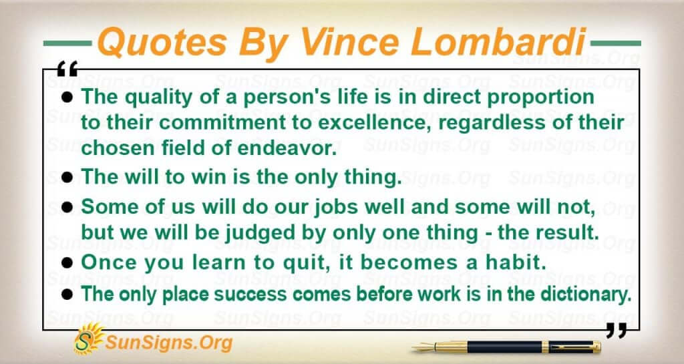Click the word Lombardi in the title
498,42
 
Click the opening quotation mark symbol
67,68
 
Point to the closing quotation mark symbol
617,331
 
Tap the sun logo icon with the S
88,338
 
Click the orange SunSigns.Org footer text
168,343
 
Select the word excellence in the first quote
375,123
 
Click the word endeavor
287,148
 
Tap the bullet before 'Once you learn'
67,263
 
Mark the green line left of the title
67,43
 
